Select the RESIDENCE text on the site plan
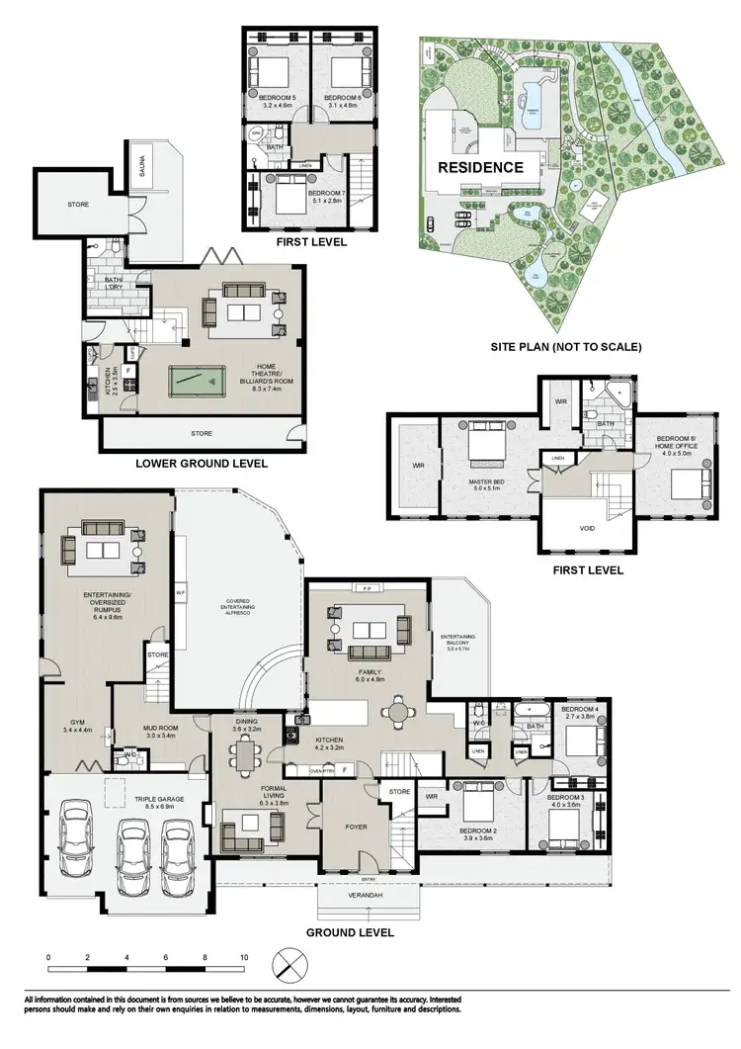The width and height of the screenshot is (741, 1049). pos(481,167)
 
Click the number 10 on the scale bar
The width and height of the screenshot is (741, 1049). pos(243,957)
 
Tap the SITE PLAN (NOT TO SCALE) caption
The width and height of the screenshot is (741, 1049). pos(567,347)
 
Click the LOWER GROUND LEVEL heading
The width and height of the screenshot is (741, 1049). pos(202,463)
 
